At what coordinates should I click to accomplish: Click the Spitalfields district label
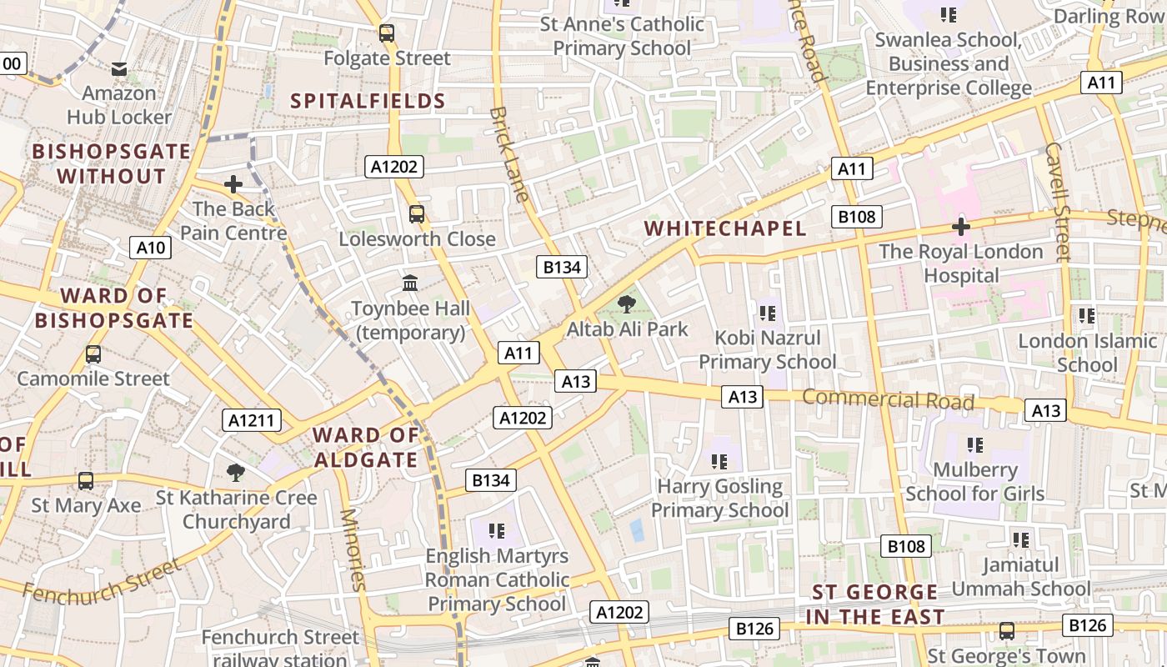point(368,102)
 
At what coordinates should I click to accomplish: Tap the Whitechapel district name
point(725,228)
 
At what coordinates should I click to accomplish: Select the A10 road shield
point(151,248)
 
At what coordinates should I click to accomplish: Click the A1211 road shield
point(252,420)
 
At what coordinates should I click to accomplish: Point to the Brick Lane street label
point(509,153)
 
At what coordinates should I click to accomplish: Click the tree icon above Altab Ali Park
point(627,305)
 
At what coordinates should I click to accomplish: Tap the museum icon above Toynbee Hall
point(410,283)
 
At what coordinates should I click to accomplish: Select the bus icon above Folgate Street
point(387,34)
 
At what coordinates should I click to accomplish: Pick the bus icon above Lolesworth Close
point(417,214)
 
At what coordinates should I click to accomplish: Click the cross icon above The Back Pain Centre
point(233,184)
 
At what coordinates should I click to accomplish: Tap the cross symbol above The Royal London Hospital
point(961,227)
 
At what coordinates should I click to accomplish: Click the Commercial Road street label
point(888,399)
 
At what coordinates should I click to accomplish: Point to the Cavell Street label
point(1056,201)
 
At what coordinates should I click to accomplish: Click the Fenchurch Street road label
point(102,580)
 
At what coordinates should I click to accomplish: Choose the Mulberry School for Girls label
point(974,482)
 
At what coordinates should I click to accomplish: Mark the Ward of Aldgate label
point(365,448)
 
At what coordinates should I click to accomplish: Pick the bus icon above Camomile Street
point(93,354)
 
